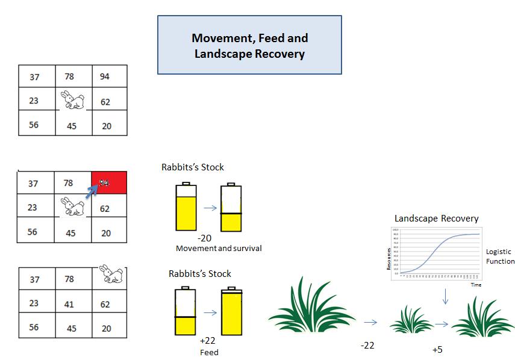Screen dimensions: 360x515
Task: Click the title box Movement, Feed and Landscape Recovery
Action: [249, 45]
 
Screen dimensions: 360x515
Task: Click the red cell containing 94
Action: [109, 182]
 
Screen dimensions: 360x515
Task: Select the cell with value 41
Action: [69, 304]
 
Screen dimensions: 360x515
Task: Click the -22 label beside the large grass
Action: [367, 345]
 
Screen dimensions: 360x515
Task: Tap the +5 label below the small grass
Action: [437, 350]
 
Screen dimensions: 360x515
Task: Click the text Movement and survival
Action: [219, 248]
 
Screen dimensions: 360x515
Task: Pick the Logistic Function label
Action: [500, 256]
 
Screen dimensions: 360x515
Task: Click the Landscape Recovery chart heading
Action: [436, 218]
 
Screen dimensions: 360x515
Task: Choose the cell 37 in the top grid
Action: [34, 76]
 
